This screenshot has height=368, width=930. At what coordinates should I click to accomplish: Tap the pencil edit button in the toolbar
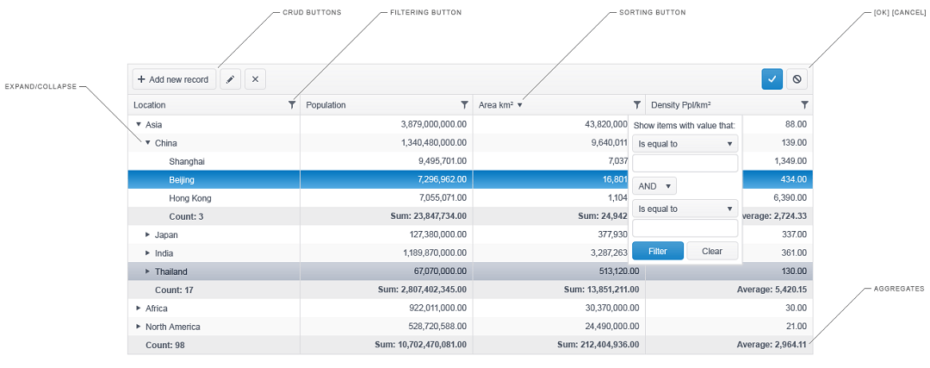tap(230, 79)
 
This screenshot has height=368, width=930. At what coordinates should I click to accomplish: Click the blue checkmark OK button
tap(772, 79)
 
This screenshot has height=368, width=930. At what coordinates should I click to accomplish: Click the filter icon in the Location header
tap(292, 105)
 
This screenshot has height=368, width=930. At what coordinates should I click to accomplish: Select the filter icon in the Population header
tap(464, 105)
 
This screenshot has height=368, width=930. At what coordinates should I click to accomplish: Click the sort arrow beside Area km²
tap(519, 105)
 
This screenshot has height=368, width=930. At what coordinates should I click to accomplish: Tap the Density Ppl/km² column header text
tap(681, 105)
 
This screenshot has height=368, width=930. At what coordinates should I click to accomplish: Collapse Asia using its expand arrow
tap(139, 125)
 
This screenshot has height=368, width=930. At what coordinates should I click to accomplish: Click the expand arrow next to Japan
tap(148, 235)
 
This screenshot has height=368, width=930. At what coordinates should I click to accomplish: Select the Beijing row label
tap(182, 179)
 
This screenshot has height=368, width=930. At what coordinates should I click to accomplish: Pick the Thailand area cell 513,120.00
tap(616, 271)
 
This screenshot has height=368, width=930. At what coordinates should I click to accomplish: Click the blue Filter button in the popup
tap(658, 251)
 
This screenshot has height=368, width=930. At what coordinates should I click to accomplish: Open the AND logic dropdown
tap(654, 186)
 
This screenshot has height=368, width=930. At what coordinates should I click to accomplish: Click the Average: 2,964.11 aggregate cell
tap(772, 345)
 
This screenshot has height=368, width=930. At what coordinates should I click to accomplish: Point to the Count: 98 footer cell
tap(164, 345)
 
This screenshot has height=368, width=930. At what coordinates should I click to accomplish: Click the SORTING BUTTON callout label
tap(652, 12)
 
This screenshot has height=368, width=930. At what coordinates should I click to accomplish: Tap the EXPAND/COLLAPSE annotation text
tap(41, 87)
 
